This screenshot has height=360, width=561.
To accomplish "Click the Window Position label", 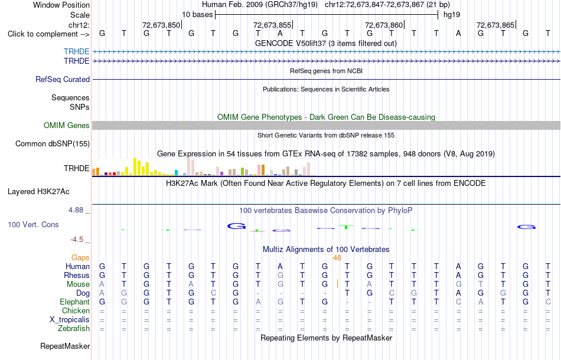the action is click(x=61, y=5).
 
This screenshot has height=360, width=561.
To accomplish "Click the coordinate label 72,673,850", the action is click(x=161, y=25).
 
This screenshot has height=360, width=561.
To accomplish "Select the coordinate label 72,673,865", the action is click(x=495, y=25).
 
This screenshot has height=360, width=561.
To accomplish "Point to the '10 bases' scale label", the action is click(x=197, y=15).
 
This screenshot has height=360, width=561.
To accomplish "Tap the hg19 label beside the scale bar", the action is click(x=452, y=15).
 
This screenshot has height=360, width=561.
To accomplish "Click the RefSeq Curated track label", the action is click(x=63, y=79).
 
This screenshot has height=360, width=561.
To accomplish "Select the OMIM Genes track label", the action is click(x=67, y=126).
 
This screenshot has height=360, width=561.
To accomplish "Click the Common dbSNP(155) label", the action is click(x=53, y=144).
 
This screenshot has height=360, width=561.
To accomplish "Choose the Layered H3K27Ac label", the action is click(x=38, y=192).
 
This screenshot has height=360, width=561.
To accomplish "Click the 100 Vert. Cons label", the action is click(x=33, y=224).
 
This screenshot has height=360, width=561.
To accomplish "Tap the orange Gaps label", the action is click(x=80, y=258).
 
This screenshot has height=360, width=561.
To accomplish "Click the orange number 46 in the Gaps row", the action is click(x=337, y=258).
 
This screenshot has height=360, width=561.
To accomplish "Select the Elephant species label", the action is click(x=75, y=302).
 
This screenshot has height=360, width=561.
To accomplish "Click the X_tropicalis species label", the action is click(x=70, y=320).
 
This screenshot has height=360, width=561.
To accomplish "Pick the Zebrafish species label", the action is click(x=74, y=329).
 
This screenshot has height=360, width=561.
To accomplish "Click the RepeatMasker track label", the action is click(x=65, y=346).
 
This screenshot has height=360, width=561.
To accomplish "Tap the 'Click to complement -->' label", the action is click(x=48, y=34).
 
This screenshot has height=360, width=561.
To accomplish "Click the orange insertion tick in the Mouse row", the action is click(x=337, y=283).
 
